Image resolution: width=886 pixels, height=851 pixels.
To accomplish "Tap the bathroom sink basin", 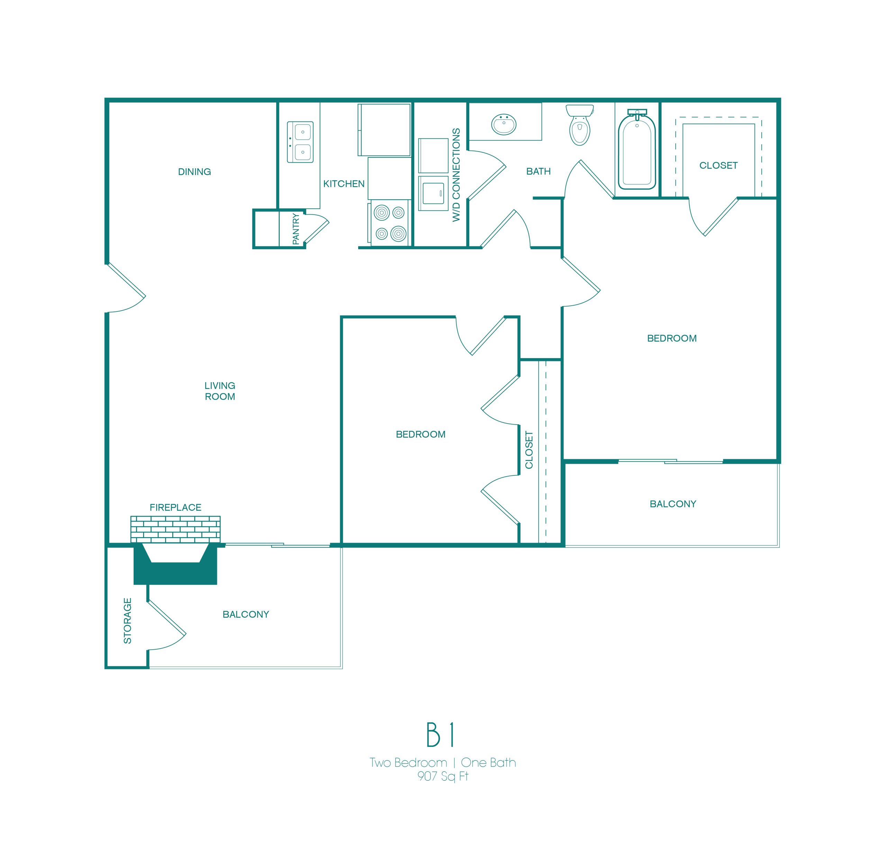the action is pyautogui.click(x=504, y=124).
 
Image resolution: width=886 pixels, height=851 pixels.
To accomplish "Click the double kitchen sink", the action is pyautogui.click(x=300, y=142).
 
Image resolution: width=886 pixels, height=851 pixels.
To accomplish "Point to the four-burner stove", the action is pyautogui.click(x=389, y=223).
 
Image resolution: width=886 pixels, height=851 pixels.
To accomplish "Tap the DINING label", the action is pyautogui.click(x=195, y=172).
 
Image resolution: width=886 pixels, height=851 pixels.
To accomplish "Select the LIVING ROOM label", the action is pyautogui.click(x=220, y=391).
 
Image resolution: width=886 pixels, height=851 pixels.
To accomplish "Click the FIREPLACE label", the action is pyautogui.click(x=175, y=508).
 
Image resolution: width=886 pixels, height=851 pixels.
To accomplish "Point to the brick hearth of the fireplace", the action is pyautogui.click(x=175, y=529).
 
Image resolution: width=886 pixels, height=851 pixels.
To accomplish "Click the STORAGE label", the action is pyautogui.click(x=127, y=621).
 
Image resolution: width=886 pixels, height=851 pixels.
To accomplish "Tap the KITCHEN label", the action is pyautogui.click(x=344, y=184).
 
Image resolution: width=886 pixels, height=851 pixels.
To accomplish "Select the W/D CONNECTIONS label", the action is pyautogui.click(x=456, y=175).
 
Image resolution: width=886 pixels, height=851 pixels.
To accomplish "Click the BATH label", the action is pyautogui.click(x=539, y=171).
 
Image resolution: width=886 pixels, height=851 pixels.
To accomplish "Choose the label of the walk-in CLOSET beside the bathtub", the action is pyautogui.click(x=718, y=165).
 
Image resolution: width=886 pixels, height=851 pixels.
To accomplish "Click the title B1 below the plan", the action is pyautogui.click(x=440, y=735).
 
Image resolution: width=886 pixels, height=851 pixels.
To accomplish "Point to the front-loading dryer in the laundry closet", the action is pyautogui.click(x=433, y=193).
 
